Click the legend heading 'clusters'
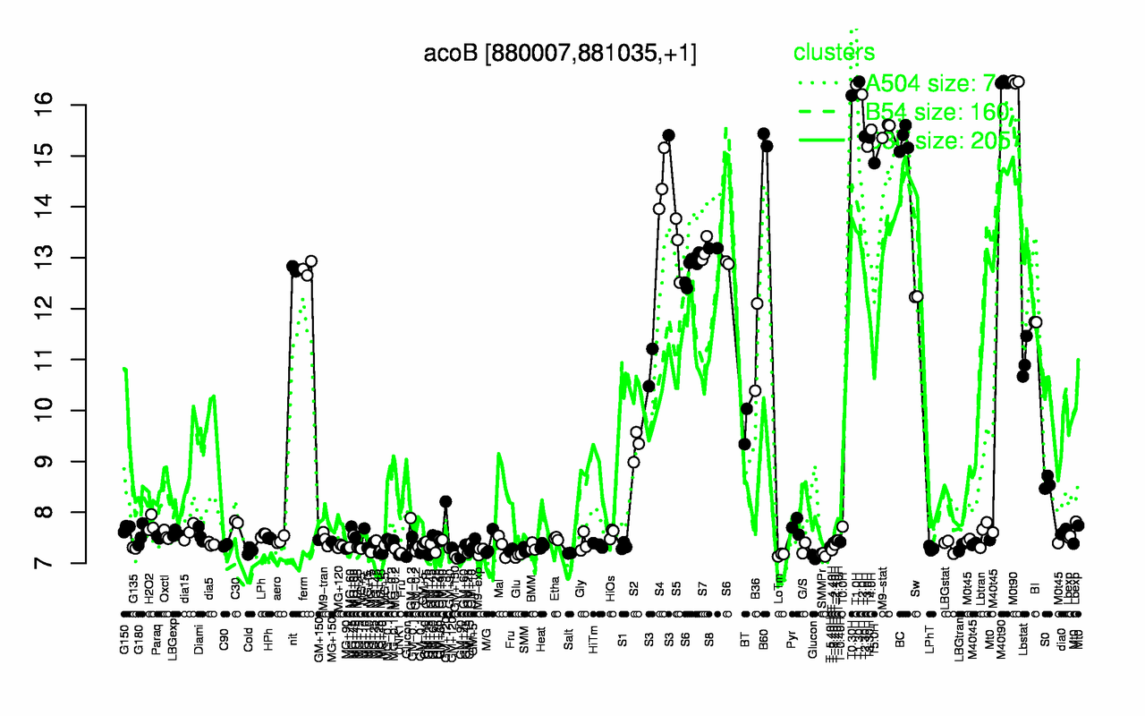[834, 53]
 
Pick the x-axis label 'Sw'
[915, 592]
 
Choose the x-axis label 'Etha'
[556, 592]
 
